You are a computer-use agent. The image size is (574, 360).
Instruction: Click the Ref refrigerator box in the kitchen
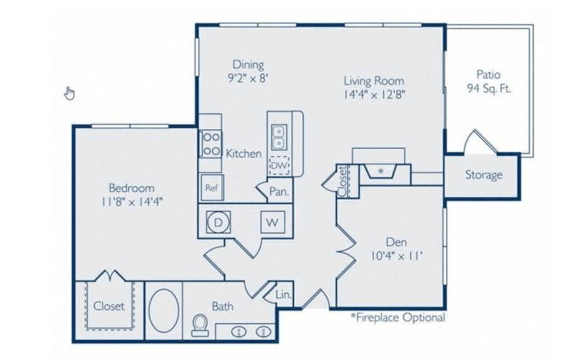pyautogui.click(x=212, y=187)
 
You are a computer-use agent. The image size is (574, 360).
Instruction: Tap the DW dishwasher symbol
pyautogui.click(x=280, y=166)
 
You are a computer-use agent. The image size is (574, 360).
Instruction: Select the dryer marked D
pyautogui.click(x=218, y=222)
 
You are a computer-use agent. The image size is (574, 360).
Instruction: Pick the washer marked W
pyautogui.click(x=272, y=222)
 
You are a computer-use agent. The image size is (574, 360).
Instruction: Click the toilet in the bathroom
pyautogui.click(x=200, y=325)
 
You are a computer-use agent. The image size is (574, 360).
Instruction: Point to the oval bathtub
pyautogui.click(x=164, y=311)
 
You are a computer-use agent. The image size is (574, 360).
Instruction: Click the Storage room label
pyautogui.click(x=484, y=175)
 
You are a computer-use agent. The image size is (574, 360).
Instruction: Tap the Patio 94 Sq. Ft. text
pyautogui.click(x=488, y=82)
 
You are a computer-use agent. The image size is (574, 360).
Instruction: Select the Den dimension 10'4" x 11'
pyautogui.click(x=397, y=255)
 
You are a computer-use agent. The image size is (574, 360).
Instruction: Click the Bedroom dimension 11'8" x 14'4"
pyautogui.click(x=132, y=201)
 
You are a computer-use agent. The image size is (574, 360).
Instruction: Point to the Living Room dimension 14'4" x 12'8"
pyautogui.click(x=374, y=95)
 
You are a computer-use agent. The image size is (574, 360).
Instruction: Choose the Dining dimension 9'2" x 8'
pyautogui.click(x=248, y=78)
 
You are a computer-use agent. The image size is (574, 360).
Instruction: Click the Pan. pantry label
pyautogui.click(x=280, y=191)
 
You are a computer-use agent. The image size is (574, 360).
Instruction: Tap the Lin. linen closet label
pyautogui.click(x=284, y=294)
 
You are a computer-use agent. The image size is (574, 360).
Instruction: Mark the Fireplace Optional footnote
pyautogui.click(x=398, y=317)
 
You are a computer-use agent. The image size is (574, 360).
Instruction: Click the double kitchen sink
pyautogui.click(x=278, y=137)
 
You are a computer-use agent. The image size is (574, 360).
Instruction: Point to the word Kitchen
pyautogui.click(x=244, y=153)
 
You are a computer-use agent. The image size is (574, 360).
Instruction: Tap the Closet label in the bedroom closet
pyautogui.click(x=109, y=306)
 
